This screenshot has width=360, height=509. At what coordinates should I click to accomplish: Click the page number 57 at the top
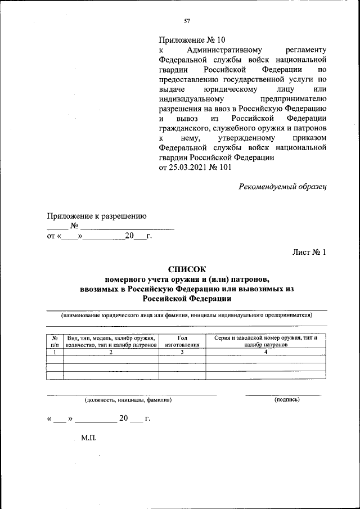pos(187,21)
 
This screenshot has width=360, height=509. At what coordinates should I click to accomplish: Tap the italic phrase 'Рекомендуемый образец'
pos(283,186)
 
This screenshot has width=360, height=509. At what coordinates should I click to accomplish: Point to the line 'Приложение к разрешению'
pos(97,215)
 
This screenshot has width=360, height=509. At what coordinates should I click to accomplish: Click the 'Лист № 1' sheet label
pos(309,252)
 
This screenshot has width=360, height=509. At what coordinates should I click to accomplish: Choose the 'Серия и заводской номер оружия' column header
pos(265,338)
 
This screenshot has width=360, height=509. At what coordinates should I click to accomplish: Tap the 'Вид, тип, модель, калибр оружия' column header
pos(111,338)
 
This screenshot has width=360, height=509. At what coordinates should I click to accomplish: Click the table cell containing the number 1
pos(55,352)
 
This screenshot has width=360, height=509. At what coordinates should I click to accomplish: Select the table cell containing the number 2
pos(111,352)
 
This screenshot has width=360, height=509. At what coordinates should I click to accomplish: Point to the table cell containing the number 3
pos(182,352)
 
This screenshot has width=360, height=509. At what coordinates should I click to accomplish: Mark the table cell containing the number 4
pos(265,352)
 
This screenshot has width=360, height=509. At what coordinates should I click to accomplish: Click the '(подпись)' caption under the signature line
pos(287,399)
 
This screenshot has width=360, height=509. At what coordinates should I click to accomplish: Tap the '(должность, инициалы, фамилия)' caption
pos(128,400)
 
